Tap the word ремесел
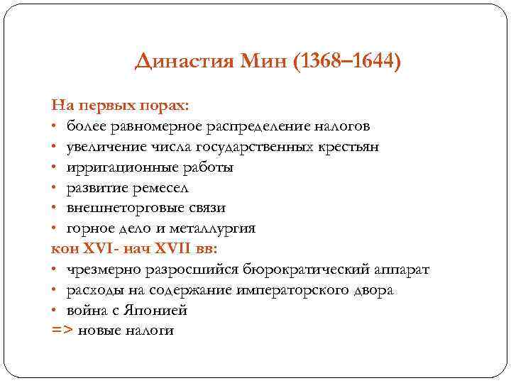[165, 188]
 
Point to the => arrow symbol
[62, 331]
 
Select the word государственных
[251, 147]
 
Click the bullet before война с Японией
[55, 311]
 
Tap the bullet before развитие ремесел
[55, 188]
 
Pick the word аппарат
[404, 270]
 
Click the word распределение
[260, 126]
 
